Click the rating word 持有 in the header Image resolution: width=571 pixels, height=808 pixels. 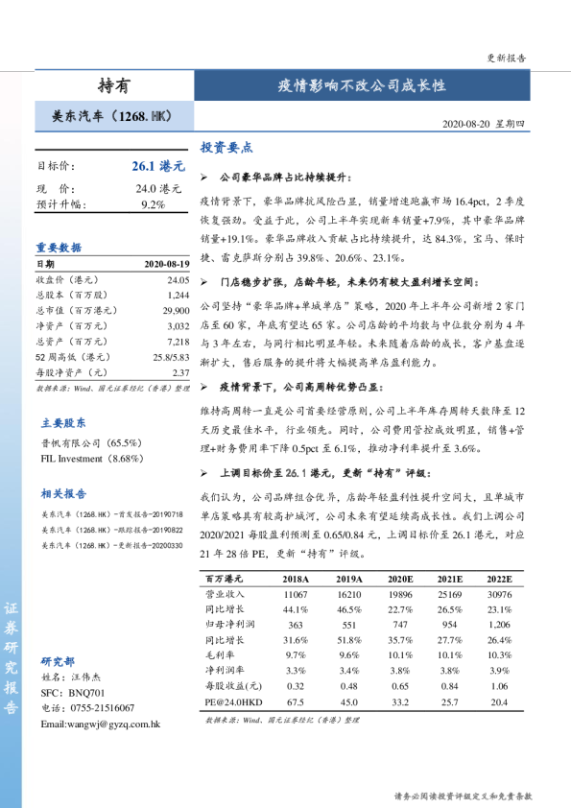(x=114, y=84)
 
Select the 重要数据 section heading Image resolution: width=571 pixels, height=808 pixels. (x=60, y=245)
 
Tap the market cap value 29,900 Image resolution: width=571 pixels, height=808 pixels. (x=175, y=311)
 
